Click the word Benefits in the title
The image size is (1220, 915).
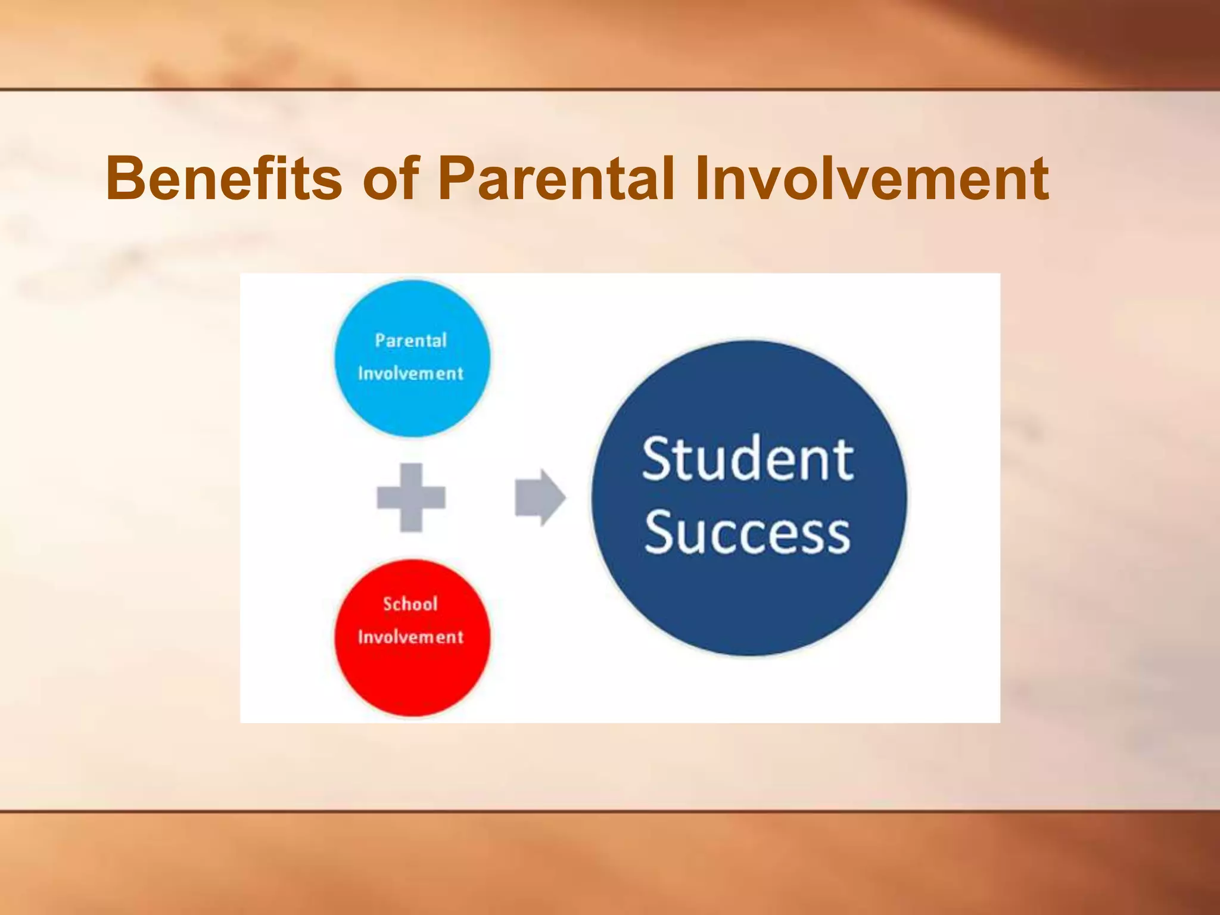click(224, 178)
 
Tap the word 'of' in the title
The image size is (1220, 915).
click(390, 178)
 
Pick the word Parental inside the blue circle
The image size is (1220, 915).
click(410, 341)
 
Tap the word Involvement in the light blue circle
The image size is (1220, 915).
click(410, 374)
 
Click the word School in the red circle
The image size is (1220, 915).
click(410, 604)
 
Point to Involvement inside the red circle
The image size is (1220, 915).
click(410, 637)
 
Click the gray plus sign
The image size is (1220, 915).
click(411, 497)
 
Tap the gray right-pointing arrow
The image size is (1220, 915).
click(540, 497)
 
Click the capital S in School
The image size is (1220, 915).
click(387, 604)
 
